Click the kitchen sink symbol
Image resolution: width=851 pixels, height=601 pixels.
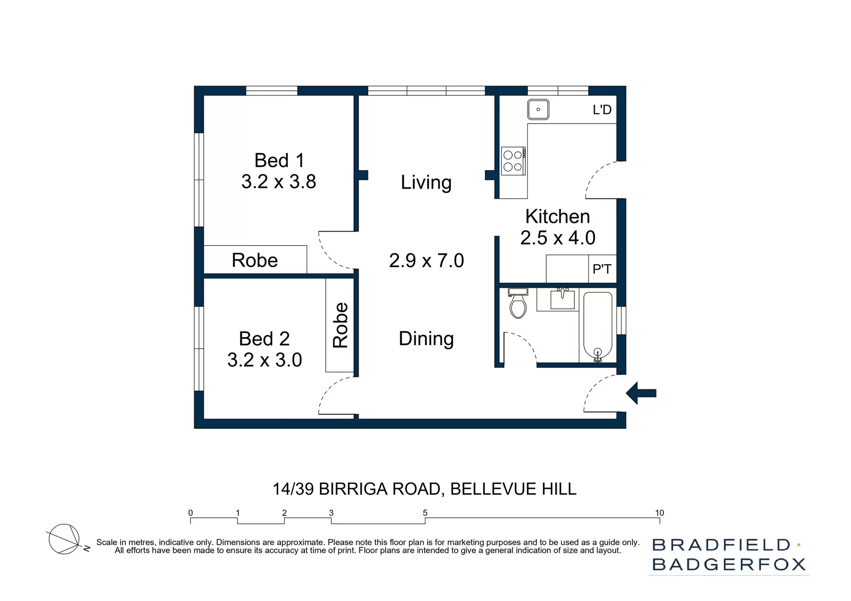pyautogui.click(x=538, y=109)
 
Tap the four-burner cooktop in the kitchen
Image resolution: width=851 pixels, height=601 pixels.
pyautogui.click(x=513, y=161)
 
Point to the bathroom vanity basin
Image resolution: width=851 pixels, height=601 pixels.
pyautogui.click(x=562, y=299)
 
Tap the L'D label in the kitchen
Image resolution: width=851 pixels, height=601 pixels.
pyautogui.click(x=602, y=110)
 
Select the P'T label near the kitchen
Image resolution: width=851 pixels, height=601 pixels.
pyautogui.click(x=601, y=269)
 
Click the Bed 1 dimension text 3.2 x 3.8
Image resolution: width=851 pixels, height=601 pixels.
pyautogui.click(x=278, y=182)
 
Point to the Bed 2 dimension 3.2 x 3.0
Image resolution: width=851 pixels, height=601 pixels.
pyautogui.click(x=265, y=360)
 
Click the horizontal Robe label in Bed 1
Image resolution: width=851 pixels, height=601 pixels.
pyautogui.click(x=254, y=260)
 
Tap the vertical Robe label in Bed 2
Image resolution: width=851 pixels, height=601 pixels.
pyautogui.click(x=340, y=325)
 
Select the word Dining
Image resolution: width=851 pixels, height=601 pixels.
pyautogui.click(x=426, y=339)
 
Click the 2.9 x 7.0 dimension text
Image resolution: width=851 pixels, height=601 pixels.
pyautogui.click(x=426, y=260)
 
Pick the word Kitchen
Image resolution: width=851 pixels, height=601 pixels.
pyautogui.click(x=558, y=217)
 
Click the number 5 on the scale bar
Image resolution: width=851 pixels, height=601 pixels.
pyautogui.click(x=425, y=513)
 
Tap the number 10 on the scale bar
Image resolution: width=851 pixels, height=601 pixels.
pyautogui.click(x=659, y=513)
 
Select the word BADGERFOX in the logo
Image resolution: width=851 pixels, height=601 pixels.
pyautogui.click(x=729, y=565)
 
